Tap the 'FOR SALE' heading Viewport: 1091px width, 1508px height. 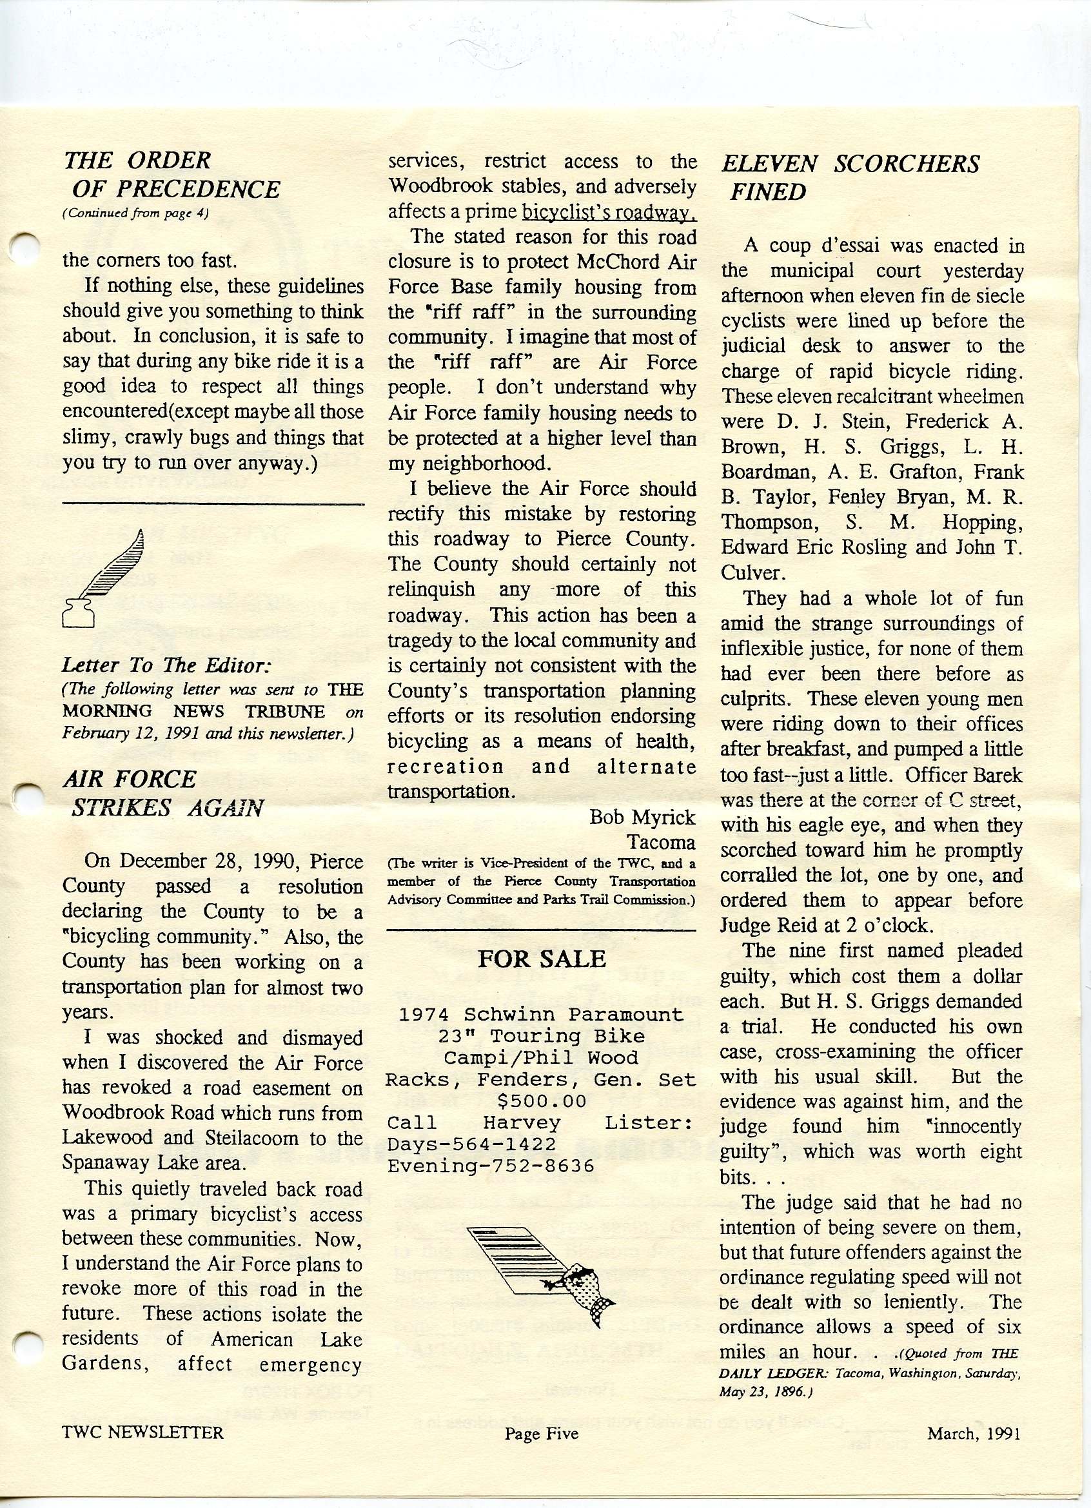coord(541,958)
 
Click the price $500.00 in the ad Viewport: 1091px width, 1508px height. coord(542,1101)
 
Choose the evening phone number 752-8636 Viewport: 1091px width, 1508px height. coord(532,1166)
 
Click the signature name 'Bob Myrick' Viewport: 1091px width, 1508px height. coord(642,816)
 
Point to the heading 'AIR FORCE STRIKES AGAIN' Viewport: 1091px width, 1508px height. coord(163,793)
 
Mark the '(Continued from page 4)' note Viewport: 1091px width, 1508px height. coord(135,214)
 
